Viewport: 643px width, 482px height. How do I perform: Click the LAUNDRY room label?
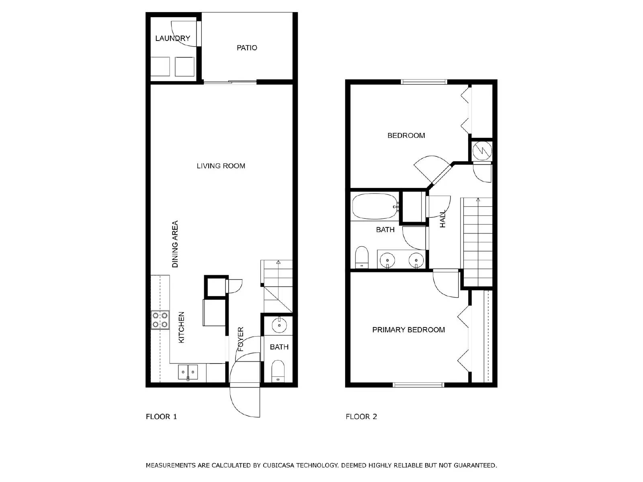172,38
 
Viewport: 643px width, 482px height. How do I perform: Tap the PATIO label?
247,48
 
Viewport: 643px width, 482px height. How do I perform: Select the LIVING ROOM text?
221,166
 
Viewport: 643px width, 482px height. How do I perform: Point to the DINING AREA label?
175,244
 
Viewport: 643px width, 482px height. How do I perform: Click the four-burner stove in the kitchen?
160,320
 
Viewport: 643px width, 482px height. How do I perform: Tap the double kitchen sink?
188,372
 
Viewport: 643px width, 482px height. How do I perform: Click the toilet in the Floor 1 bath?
278,371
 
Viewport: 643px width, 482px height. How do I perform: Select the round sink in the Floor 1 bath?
279,325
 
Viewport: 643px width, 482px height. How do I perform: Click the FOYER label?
241,339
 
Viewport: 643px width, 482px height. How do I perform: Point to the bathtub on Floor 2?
375,206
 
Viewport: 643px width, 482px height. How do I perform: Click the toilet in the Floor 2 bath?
362,257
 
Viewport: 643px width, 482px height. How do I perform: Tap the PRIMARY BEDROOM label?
408,330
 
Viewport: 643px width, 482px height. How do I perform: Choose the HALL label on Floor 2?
442,219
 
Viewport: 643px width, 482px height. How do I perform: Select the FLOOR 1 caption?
162,417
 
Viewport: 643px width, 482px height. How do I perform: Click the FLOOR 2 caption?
361,417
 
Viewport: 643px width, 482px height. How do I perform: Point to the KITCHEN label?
181,327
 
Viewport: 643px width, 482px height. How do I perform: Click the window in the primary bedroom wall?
418,385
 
